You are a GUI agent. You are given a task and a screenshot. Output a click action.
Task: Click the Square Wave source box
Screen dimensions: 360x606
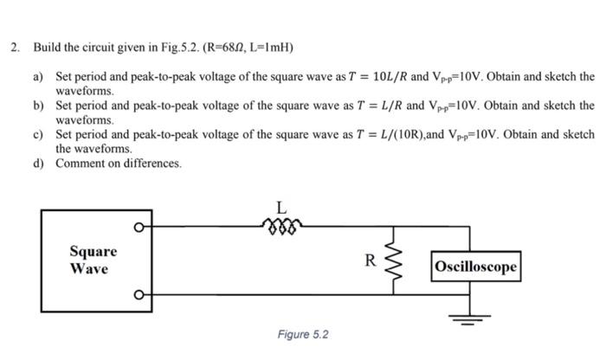click(93, 259)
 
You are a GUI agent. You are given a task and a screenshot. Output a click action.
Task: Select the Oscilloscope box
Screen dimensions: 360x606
click(477, 267)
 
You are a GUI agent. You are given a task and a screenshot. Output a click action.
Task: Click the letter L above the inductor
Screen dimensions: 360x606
click(280, 207)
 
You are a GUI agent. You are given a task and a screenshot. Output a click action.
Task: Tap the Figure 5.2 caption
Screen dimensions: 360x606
click(303, 334)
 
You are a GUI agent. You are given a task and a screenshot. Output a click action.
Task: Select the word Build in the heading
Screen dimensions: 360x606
click(45, 46)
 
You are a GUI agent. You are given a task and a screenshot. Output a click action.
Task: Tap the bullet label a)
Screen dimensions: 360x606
click(38, 77)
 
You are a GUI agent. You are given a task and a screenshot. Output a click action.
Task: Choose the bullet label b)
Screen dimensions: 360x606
click(38, 106)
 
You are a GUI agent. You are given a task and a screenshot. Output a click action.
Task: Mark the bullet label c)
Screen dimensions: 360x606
click(38, 135)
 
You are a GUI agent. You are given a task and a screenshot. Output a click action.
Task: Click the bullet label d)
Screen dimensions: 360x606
click(38, 164)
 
